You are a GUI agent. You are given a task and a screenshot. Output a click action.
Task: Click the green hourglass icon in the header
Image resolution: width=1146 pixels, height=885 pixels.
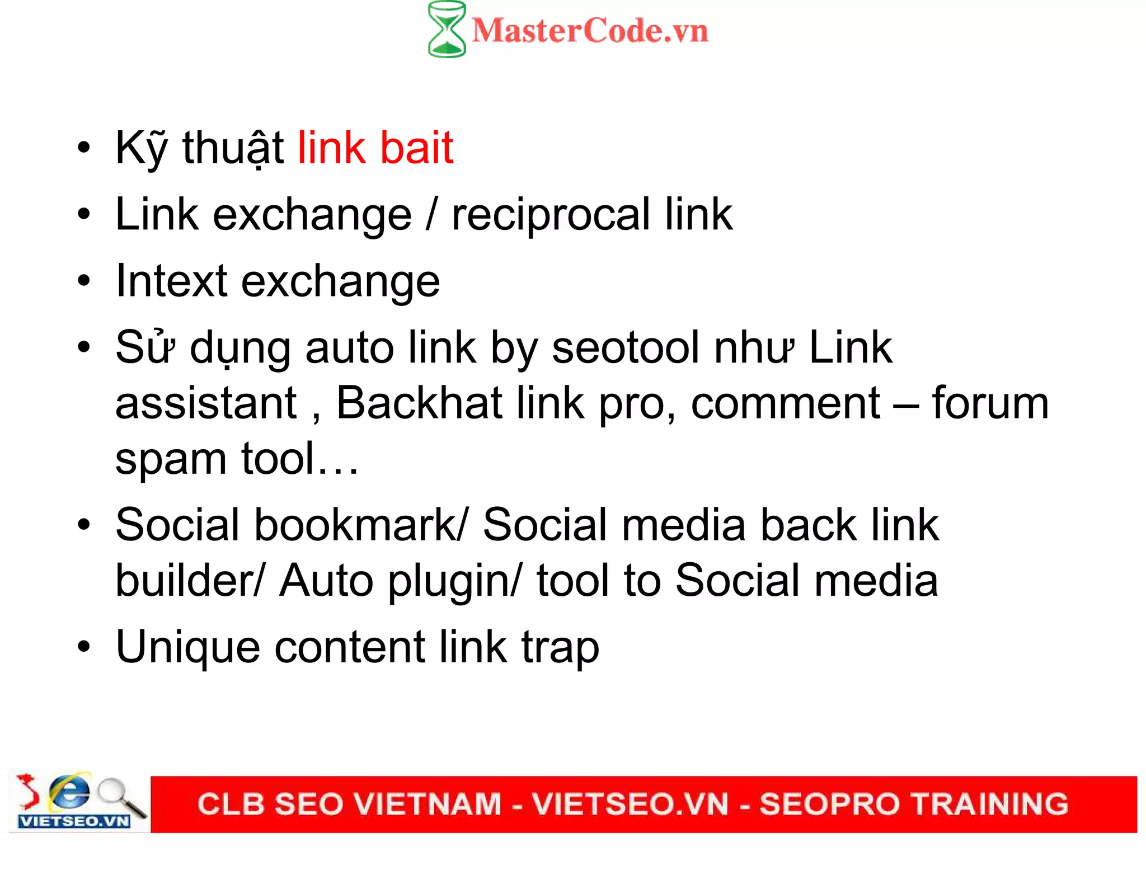tap(446, 29)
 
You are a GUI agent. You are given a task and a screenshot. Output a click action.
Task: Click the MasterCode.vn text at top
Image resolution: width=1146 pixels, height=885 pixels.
tap(590, 31)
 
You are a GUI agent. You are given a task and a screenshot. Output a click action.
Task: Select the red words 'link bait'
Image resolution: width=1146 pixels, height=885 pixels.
tap(375, 148)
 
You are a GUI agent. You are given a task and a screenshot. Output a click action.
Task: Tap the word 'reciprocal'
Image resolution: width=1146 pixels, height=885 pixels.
tap(551, 215)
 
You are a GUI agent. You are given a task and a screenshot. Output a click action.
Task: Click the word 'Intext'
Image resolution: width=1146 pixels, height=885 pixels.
tap(171, 281)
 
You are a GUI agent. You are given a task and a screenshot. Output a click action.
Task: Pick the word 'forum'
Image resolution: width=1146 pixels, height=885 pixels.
tap(989, 403)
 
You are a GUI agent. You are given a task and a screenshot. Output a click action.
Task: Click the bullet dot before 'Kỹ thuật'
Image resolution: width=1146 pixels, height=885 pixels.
tap(83, 148)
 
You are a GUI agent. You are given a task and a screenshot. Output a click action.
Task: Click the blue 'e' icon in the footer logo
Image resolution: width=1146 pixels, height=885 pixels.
tap(69, 791)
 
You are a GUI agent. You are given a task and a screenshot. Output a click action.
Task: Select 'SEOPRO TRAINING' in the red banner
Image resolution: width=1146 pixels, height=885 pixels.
tap(913, 804)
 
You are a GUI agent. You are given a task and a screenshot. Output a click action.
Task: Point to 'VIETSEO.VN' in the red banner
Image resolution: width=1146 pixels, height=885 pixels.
tap(630, 804)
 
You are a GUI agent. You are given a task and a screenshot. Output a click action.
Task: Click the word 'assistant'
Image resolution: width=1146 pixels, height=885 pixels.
tap(206, 403)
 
